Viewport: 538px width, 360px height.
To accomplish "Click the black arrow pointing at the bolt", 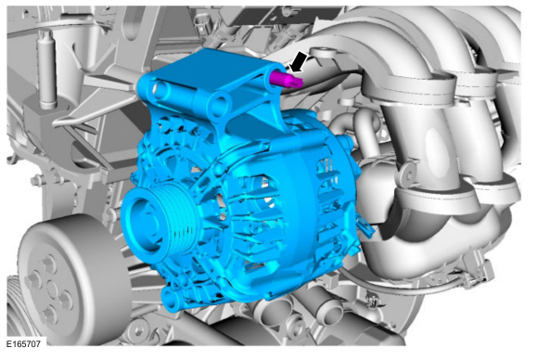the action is pos(298,62).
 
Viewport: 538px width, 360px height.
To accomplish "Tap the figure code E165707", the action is pos(23,343).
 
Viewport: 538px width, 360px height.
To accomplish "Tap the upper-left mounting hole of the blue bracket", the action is pos(160,88).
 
